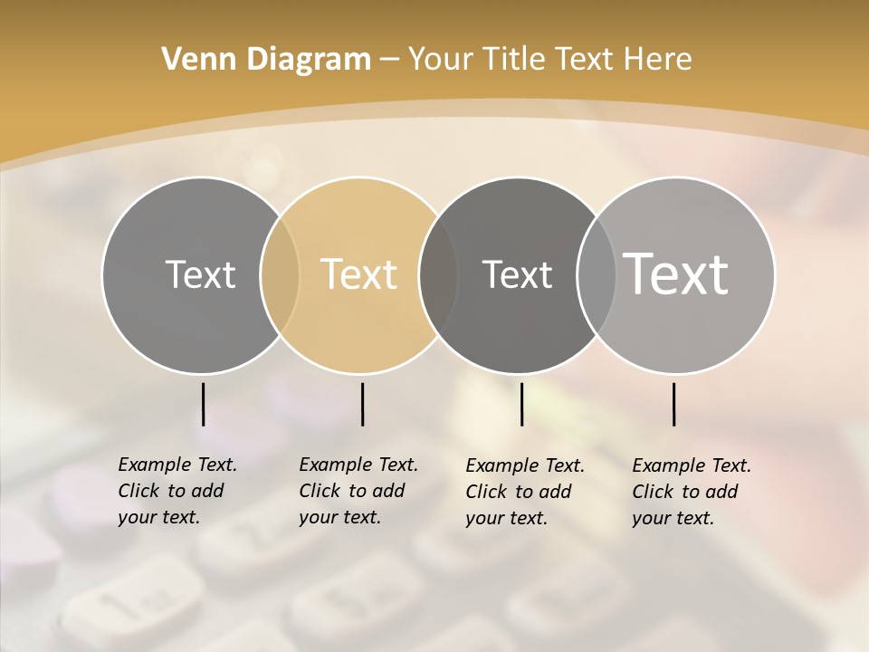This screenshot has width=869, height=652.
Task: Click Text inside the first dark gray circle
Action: click(200, 274)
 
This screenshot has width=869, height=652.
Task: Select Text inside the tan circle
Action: click(359, 274)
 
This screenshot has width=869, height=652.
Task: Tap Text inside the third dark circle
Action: click(517, 274)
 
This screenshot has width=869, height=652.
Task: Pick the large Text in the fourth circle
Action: click(676, 274)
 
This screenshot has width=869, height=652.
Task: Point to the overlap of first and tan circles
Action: click(280, 275)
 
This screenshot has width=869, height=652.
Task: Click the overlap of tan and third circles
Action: click(438, 275)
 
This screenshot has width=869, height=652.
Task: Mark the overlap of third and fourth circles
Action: click(596, 275)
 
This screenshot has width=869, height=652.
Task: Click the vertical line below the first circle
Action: click(203, 404)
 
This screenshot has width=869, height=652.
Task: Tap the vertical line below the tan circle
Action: click(362, 404)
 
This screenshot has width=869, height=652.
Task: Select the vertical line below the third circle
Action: click(521, 404)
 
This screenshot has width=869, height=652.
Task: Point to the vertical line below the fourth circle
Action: click(673, 404)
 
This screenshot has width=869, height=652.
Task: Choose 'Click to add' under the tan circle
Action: click(351, 491)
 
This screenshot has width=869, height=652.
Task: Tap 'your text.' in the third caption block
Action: click(506, 518)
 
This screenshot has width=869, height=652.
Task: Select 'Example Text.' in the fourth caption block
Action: click(692, 465)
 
